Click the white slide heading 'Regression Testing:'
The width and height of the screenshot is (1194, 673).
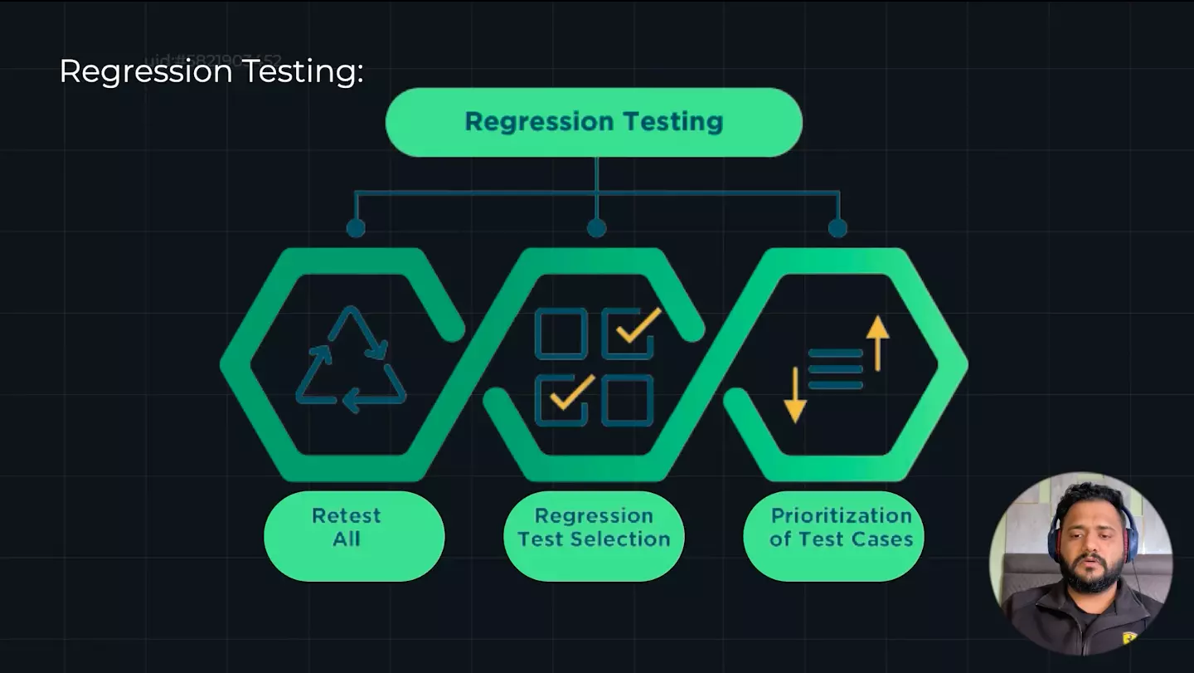coord(211,71)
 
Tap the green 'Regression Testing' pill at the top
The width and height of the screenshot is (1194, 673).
coord(594,122)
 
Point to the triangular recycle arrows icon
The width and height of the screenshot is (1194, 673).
coord(351,359)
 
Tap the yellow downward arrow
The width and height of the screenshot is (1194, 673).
coord(794,394)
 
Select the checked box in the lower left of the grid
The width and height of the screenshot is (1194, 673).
coord(561,399)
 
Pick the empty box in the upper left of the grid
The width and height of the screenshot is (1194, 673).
coord(561,333)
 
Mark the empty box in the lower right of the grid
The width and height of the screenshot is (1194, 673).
coord(628,399)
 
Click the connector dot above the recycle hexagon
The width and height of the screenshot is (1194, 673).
coord(356,227)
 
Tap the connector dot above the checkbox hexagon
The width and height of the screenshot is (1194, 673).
coord(596,227)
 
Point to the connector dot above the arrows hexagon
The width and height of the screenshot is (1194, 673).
coord(837,227)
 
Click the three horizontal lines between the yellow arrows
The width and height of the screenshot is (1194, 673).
coord(835,368)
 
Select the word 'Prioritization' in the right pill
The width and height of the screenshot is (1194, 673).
coord(841,515)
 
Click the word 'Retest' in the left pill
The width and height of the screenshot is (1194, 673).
coord(346,515)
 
